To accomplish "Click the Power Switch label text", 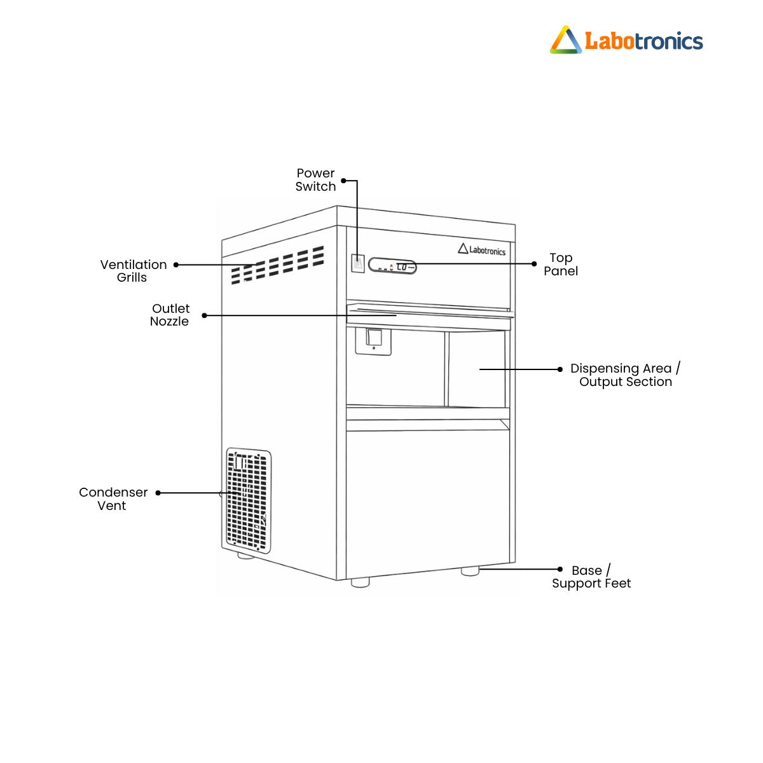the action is click(315, 180).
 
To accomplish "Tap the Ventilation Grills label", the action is click(133, 271).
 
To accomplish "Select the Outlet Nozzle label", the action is click(170, 315).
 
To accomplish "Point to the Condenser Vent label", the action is click(113, 498).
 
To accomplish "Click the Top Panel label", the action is click(560, 264).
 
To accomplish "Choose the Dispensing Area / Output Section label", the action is click(625, 374).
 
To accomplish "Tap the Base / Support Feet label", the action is click(591, 577).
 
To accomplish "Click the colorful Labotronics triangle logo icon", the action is click(565, 40).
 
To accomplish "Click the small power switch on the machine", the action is click(357, 263).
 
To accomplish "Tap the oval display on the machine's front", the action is click(392, 266).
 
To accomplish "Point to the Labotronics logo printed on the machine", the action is click(481, 249).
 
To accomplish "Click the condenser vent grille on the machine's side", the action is click(248, 500).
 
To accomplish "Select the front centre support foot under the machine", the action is click(360, 582).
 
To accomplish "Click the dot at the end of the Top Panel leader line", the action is click(533, 264).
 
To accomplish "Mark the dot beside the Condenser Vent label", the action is click(158, 493).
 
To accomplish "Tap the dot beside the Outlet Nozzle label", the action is click(204, 315).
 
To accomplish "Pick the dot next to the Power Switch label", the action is click(343, 181).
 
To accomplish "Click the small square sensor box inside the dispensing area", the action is click(373, 341).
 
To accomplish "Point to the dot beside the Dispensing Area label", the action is click(560, 369).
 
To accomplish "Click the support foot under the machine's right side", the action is click(470, 571).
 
